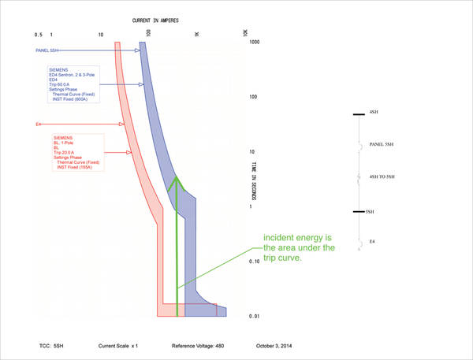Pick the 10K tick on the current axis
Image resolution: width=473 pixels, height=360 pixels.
coord(245,34)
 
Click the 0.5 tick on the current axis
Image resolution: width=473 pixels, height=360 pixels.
coord(38,35)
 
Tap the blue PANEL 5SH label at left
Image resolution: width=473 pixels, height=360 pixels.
coord(47,50)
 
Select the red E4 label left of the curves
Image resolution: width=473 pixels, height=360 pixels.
coord(38,124)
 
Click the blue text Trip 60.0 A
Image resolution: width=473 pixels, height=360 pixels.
coord(62,84)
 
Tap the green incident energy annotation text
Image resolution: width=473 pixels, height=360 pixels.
coord(299,248)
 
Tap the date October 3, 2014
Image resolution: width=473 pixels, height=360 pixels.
coord(279,346)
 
